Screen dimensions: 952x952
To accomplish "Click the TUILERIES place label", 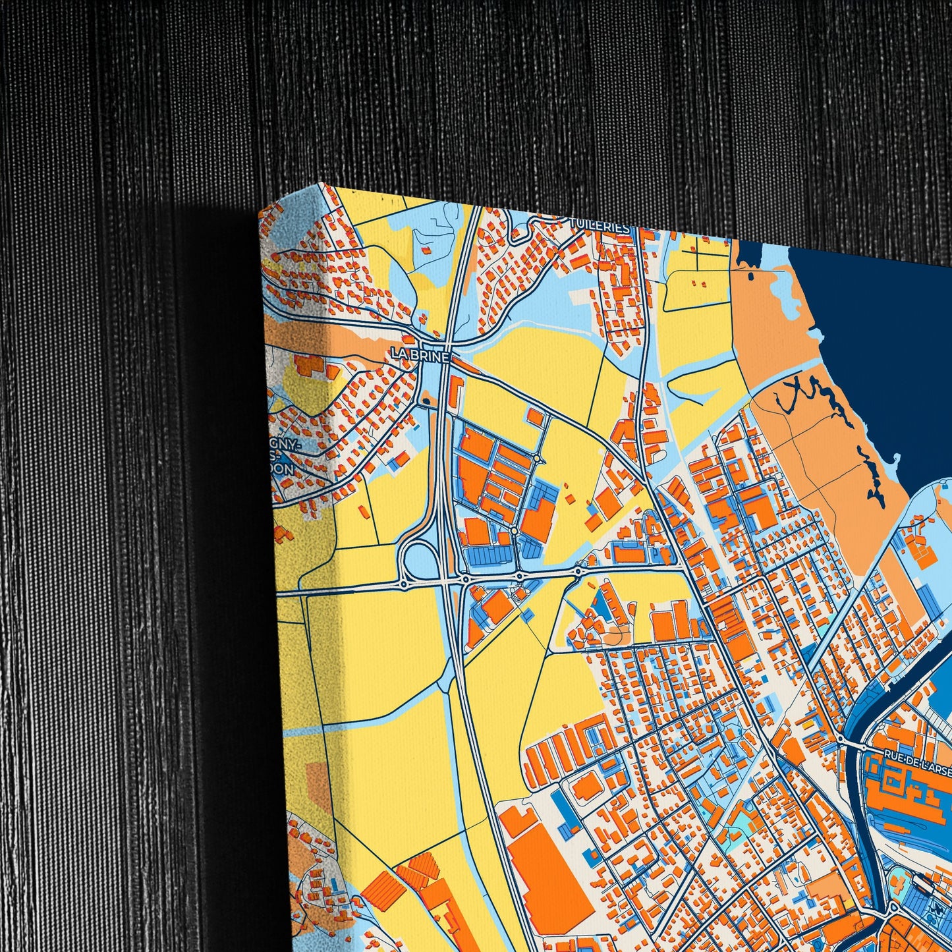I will (x=599, y=225).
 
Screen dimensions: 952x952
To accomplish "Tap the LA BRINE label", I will (x=420, y=355).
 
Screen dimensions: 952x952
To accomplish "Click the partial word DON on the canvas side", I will (x=284, y=469).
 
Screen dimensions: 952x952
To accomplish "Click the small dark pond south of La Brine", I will (x=426, y=399).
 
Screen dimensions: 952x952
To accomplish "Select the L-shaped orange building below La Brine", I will (x=455, y=391).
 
